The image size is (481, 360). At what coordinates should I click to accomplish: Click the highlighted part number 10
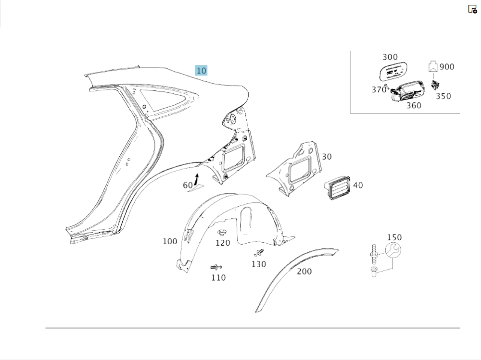pos(201,71)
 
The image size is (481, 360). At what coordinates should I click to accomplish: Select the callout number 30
pos(327,157)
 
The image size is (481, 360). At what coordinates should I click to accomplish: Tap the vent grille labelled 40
pos(337,187)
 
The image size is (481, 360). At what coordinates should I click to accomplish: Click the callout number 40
pos(358,185)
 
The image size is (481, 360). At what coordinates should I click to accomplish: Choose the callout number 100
pos(170,241)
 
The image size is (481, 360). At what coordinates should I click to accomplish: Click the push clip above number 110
pos(216,267)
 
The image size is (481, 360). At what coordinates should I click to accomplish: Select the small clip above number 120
pos(220,232)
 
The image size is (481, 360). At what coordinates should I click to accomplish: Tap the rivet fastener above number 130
pos(259,253)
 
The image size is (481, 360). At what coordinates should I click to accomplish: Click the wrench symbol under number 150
pos(393,250)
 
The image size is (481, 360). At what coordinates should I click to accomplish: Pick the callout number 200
pos(304,272)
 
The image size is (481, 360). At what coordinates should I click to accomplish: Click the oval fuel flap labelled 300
pos(393,72)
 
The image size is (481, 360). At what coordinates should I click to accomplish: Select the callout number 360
pos(414,105)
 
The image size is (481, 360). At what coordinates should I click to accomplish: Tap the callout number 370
pos(379,89)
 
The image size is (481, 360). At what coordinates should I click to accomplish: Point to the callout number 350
pos(443,96)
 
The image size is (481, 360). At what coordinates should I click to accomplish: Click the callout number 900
pos(447,67)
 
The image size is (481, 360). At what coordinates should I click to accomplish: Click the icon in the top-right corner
pos(472,9)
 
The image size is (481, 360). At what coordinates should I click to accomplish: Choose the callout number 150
pos(394,237)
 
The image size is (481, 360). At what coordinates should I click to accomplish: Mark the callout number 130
pos(259,264)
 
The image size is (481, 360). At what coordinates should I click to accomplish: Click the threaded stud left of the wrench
pos(374,254)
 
